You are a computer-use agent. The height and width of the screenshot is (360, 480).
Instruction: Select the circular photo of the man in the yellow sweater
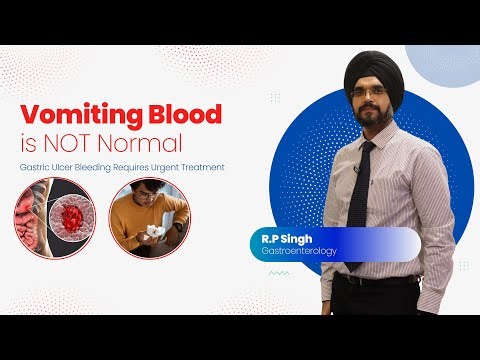coord(150,217)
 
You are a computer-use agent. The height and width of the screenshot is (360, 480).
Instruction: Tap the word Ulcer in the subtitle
coord(68,166)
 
